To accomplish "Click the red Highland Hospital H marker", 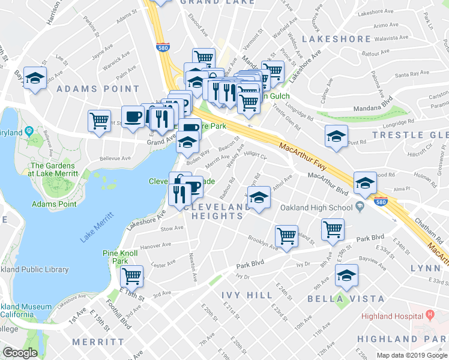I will (430, 314).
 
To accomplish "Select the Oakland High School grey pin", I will (360, 208).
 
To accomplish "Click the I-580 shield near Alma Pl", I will (381, 203).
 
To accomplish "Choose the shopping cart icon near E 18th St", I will (131, 276).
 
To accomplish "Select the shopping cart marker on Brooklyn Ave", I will (286, 235).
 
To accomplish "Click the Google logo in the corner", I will (20, 353).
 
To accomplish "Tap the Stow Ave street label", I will (172, 229).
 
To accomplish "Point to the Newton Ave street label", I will (194, 266).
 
